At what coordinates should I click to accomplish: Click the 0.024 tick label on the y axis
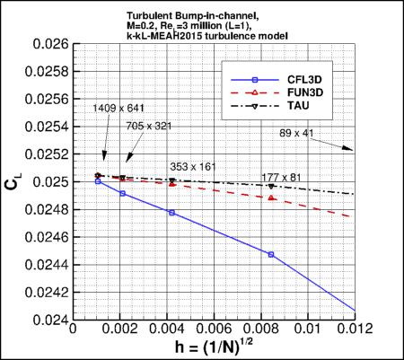[50, 320]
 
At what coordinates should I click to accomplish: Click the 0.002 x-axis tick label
[122, 329]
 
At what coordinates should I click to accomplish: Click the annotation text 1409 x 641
[117, 108]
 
